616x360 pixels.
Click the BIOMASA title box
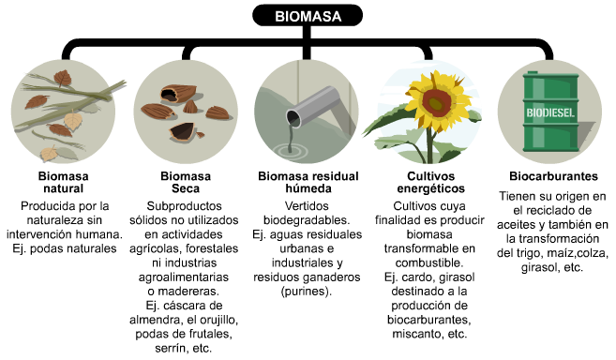coord(308,16)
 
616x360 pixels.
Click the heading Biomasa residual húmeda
coord(308,182)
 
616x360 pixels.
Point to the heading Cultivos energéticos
coord(429,182)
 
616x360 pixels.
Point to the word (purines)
coord(308,291)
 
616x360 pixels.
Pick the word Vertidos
coord(308,205)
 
